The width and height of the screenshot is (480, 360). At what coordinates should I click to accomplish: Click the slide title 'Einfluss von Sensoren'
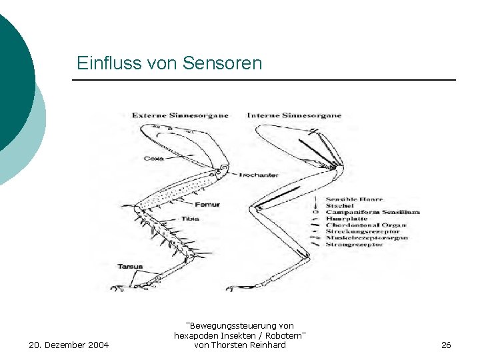tap(169, 63)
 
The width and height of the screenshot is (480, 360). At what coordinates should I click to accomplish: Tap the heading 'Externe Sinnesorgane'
tap(180, 115)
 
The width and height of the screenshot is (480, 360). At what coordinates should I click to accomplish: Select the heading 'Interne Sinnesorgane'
tap(294, 115)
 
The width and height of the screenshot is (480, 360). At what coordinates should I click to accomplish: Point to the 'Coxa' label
tap(153, 159)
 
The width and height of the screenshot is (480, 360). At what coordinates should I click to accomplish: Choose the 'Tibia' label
tap(189, 219)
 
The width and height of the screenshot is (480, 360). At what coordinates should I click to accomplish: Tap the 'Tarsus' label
tap(130, 267)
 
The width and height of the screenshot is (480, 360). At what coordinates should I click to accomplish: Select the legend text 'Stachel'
tap(339, 206)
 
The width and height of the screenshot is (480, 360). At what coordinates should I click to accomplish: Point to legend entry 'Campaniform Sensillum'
tap(373, 213)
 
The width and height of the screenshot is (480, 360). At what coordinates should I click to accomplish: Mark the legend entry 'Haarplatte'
tap(347, 219)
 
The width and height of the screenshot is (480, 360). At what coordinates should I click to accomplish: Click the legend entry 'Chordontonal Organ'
tap(366, 225)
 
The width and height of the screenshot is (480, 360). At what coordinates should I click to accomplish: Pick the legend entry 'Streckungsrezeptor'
tap(363, 232)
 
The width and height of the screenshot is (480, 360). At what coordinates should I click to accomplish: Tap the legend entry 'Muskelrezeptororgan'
tap(367, 238)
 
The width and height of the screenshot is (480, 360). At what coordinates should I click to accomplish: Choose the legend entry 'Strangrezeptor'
tap(355, 245)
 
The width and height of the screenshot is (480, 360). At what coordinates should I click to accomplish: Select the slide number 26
tap(446, 345)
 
